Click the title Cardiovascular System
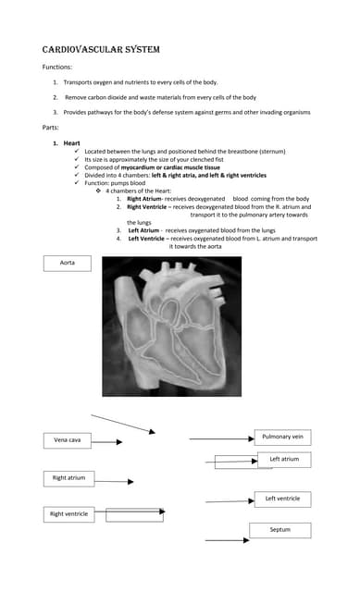point(100,49)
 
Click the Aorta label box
point(68,264)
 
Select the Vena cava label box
point(68,440)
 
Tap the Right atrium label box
point(68,478)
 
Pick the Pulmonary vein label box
point(282,437)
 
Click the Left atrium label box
point(283,459)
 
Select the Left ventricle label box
point(282,499)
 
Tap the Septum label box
point(279,530)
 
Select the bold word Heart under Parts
point(71,142)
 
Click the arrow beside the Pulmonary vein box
point(220,438)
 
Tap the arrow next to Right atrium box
point(114,481)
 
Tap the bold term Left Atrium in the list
point(145,230)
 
